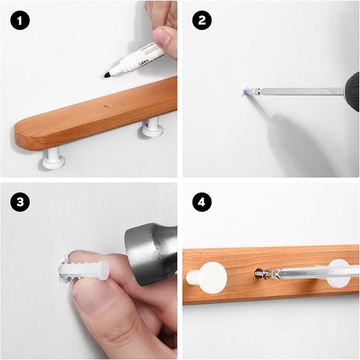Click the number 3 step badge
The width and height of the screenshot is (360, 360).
click(20, 202)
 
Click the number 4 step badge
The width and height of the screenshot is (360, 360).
click(203, 202)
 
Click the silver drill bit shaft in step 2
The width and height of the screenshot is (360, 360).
click(297, 91)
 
